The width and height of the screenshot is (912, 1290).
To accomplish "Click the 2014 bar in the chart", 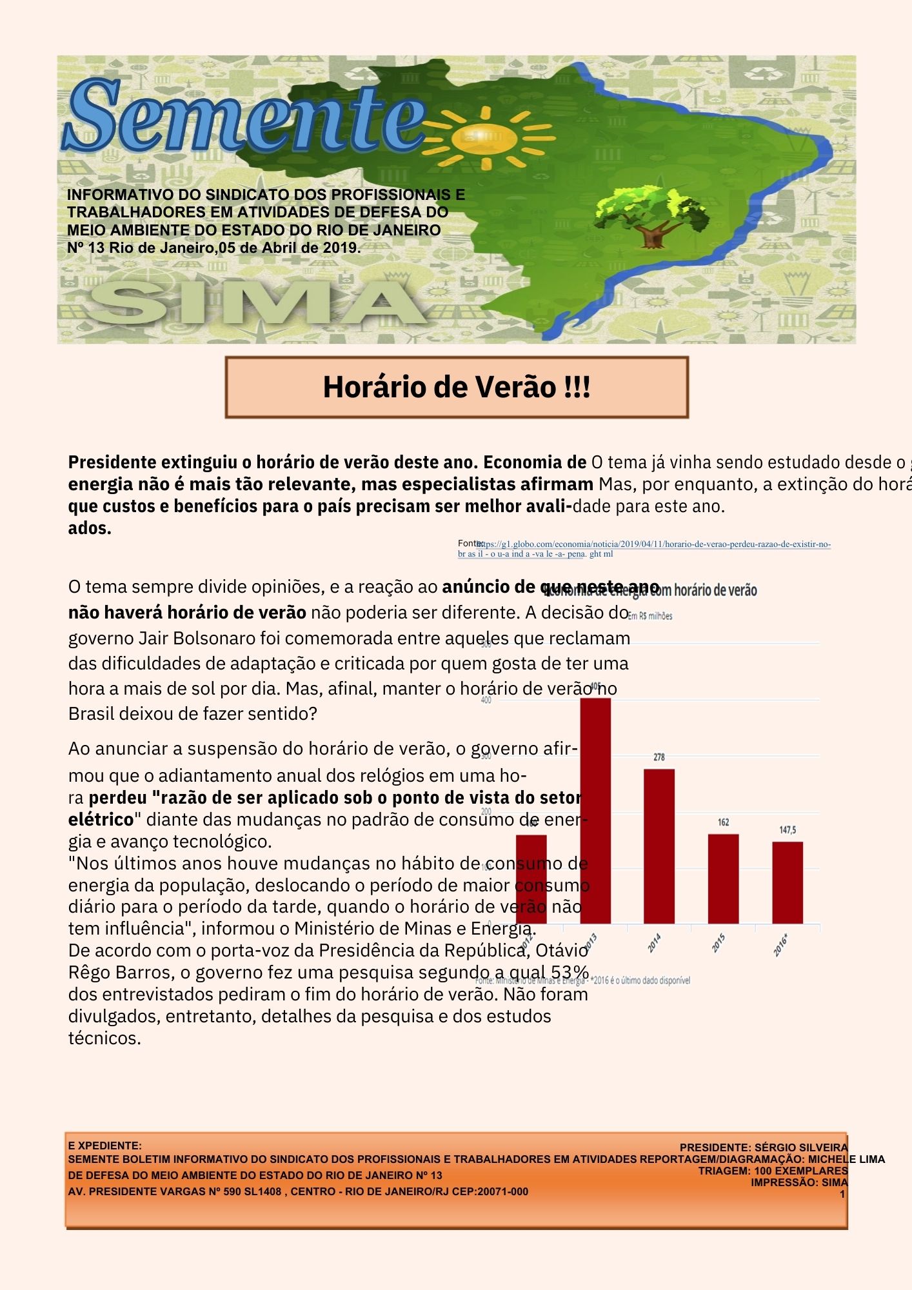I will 659,846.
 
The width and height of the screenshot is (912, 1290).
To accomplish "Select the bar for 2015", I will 723,878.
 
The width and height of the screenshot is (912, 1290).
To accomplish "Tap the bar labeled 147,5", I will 788,882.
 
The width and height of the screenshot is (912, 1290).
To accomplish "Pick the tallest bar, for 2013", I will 595,811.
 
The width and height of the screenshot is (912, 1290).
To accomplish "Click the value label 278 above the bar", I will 659,757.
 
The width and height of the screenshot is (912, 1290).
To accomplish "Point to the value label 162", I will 723,822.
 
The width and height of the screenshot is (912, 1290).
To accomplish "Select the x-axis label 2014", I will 654,944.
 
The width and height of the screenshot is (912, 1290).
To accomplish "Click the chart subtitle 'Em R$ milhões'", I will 650,616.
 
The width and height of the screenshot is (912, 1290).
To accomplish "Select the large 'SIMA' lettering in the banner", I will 258,303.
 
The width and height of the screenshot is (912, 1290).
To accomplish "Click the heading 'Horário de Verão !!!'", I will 457,387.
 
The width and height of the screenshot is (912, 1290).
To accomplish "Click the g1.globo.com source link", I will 651,545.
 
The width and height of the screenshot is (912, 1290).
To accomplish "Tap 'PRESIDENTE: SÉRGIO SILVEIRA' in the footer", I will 764,1147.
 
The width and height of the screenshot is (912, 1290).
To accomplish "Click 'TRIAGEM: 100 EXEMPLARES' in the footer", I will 773,1171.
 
